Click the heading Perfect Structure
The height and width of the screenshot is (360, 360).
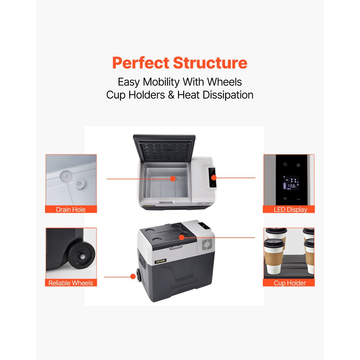[x=180, y=63]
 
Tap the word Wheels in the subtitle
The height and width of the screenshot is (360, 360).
[x=224, y=82]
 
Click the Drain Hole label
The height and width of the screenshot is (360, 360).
[x=71, y=210]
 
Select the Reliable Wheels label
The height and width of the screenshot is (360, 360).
[x=71, y=283]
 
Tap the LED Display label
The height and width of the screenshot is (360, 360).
[x=291, y=210]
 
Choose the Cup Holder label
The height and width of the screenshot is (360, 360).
[x=290, y=283]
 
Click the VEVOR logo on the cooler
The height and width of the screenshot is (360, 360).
[x=160, y=261]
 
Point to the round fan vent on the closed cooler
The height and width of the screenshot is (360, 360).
[x=207, y=244]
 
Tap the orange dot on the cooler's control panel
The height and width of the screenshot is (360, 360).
[x=214, y=178]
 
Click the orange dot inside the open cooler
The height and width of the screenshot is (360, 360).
[x=173, y=179]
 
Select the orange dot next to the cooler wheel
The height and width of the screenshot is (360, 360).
[x=133, y=276]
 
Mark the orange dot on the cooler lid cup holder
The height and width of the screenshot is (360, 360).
[x=181, y=237]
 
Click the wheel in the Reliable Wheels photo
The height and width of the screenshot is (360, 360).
[x=82, y=256]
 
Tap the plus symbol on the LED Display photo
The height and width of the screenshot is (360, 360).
[x=285, y=199]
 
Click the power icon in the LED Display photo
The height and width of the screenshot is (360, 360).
[x=285, y=165]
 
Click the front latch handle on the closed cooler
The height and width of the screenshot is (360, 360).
[x=176, y=247]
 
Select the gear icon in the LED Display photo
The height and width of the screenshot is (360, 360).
[x=298, y=165]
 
